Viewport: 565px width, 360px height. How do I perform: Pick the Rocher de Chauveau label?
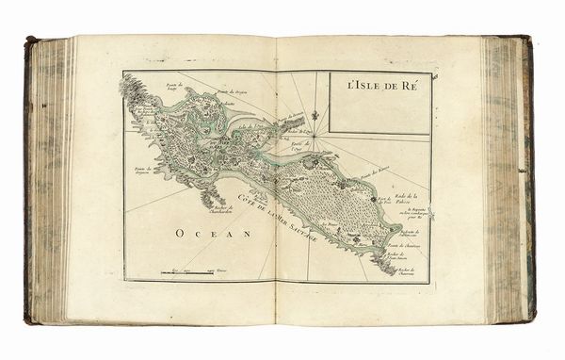(405, 271)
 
